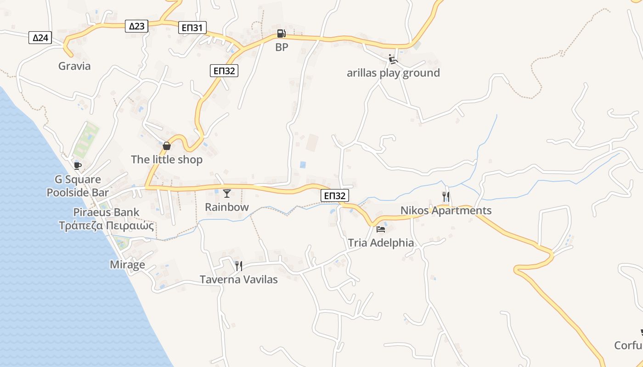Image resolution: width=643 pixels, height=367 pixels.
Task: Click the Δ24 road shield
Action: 40,38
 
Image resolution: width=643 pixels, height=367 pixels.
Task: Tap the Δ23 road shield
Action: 136,26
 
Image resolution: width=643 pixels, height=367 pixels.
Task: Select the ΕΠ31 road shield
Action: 192,28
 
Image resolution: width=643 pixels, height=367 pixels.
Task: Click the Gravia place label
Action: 74,66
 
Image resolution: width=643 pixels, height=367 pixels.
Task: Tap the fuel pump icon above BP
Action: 281,33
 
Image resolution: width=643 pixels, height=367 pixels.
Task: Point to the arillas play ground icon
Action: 393,59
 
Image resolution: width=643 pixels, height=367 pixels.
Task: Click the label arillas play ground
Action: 393,73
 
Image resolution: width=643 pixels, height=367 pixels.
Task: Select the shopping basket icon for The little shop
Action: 167,146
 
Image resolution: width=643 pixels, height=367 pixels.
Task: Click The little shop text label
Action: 167,160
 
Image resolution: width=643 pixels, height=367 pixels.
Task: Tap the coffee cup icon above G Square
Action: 77,166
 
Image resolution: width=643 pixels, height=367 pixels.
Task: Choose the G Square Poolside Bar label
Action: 78,186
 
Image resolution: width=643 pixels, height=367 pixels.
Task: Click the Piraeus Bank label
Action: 106,212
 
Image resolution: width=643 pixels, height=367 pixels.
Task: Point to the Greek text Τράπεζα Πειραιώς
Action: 106,226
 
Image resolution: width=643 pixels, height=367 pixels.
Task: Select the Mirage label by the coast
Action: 127,265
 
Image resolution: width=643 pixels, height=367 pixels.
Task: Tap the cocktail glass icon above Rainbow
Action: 227,193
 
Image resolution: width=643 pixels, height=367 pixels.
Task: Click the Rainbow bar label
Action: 227,207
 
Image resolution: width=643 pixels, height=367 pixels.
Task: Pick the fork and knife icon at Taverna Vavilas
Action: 238,266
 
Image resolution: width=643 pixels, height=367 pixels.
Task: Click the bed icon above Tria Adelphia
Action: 381,229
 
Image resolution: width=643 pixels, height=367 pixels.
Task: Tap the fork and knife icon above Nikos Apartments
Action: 446,197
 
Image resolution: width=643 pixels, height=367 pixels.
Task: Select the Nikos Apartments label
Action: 446,211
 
